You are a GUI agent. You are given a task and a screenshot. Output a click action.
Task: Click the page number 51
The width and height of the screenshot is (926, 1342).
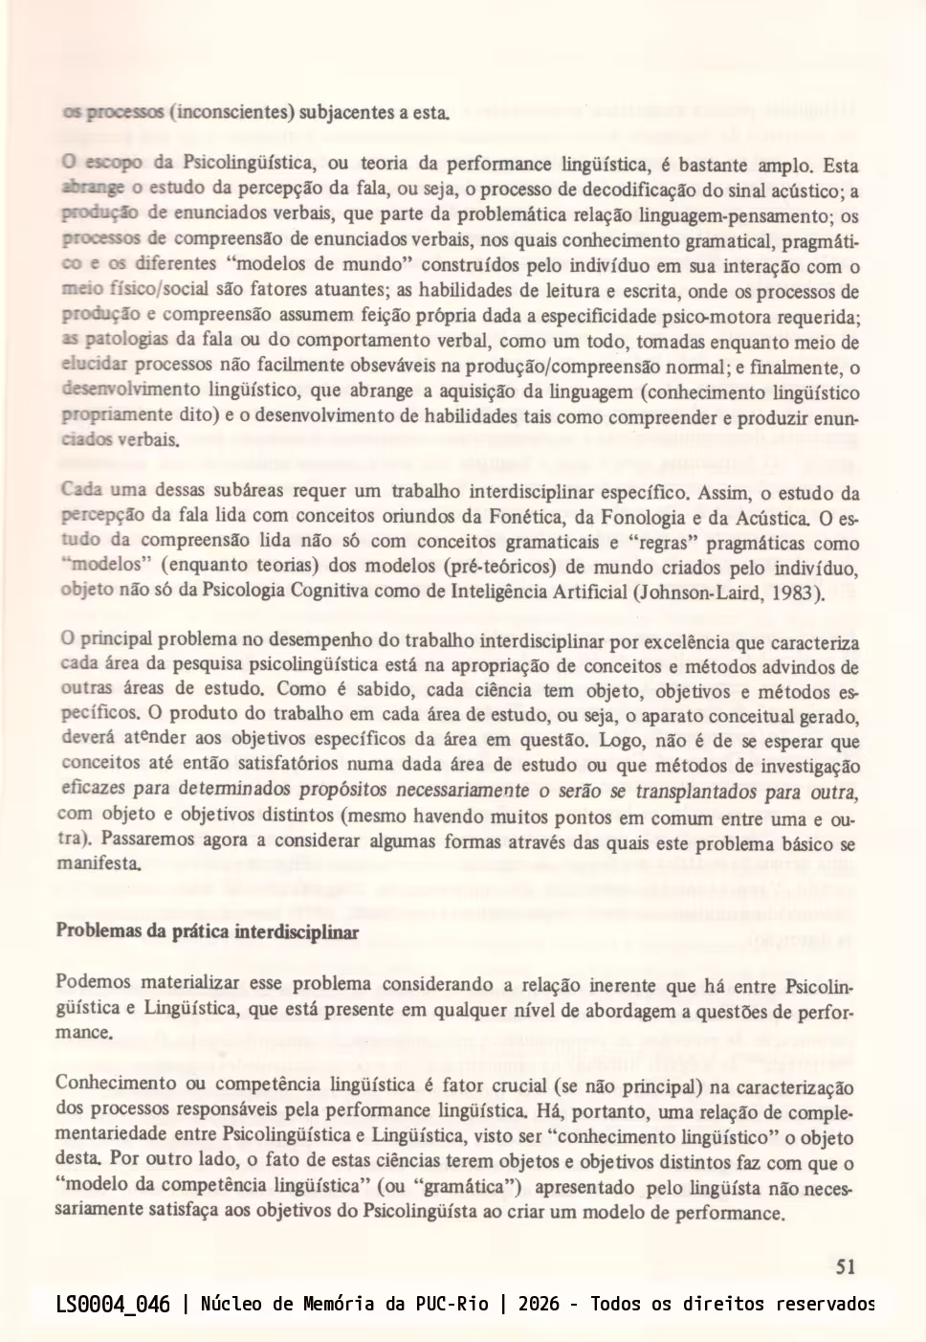846,1266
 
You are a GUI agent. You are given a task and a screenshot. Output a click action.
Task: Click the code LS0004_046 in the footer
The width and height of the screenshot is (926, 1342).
113,1304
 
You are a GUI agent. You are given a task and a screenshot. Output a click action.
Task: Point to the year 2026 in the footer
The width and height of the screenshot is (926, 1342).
539,1304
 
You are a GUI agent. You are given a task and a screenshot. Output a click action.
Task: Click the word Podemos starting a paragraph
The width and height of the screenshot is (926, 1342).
93,982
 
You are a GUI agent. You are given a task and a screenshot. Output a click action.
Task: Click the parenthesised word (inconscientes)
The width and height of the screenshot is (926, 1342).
231,112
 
